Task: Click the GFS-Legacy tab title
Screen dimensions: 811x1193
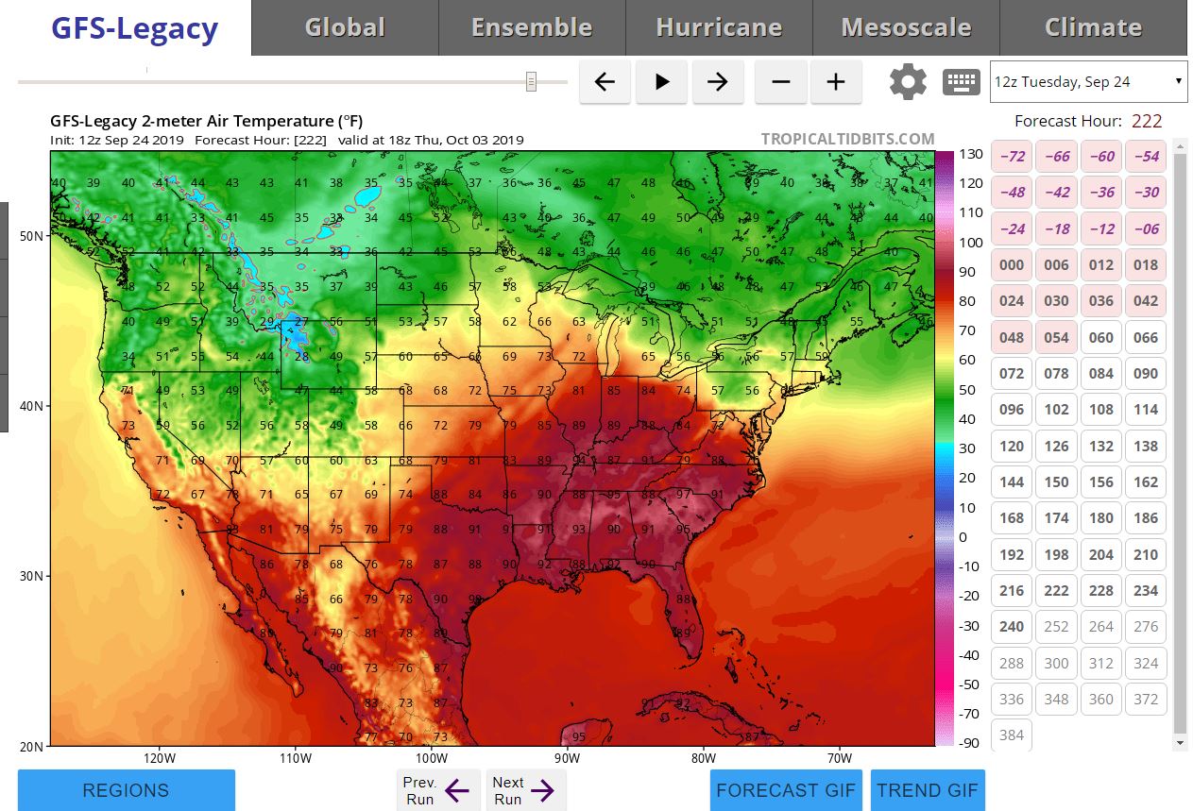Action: pos(134,28)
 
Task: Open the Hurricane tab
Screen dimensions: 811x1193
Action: pos(719,28)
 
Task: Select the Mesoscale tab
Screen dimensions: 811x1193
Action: pos(906,28)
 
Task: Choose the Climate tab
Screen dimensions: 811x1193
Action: pos(1093,28)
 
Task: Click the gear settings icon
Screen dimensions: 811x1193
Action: pos(908,82)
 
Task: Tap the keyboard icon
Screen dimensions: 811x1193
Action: pos(962,82)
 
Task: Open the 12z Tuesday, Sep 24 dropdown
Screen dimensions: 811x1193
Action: pos(1088,82)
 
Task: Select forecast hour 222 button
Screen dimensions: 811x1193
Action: pos(1056,590)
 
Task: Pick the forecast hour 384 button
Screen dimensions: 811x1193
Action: pos(1012,735)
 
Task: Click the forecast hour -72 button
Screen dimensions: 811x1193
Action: pos(1012,156)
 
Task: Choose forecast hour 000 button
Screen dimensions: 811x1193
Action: pos(1012,264)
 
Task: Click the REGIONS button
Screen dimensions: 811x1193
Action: pos(126,790)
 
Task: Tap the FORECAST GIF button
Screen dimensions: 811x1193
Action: pos(786,790)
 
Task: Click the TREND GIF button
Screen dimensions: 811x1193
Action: pos(928,790)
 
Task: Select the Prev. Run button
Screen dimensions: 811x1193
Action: pos(437,790)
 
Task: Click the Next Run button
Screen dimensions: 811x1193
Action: pos(525,790)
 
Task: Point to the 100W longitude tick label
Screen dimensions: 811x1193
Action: pos(431,758)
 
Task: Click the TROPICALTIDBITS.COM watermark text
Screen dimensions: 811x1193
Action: pos(847,140)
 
